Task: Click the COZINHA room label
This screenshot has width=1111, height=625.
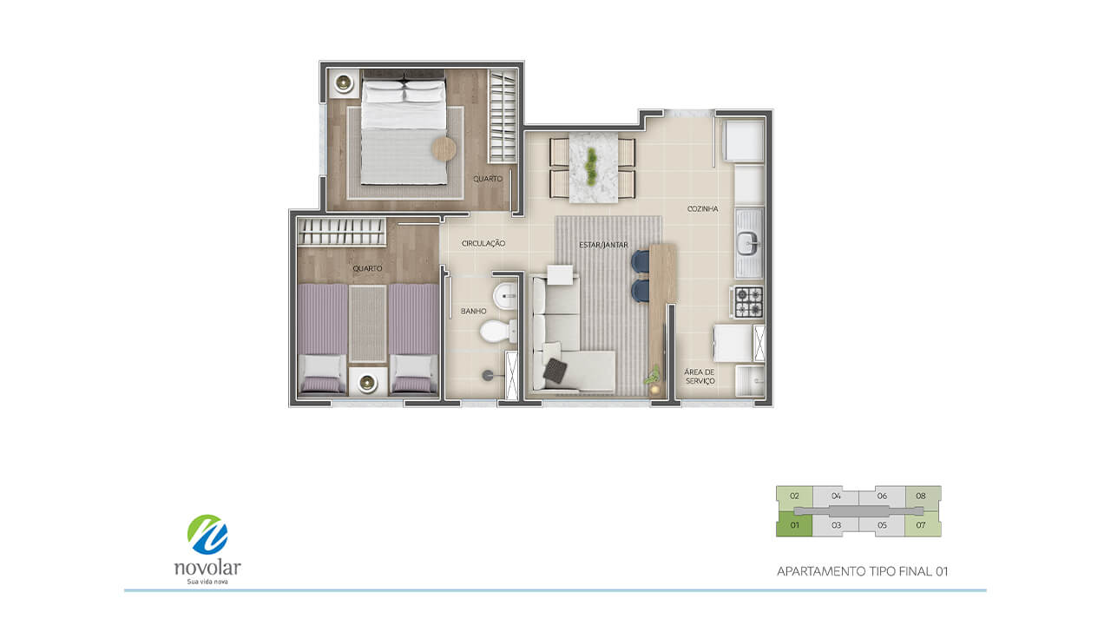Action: [702, 209]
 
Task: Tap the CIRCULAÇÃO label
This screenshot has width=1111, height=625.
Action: [483, 244]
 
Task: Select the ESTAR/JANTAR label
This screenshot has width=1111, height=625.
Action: [603, 245]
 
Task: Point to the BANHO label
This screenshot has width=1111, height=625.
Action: [473, 311]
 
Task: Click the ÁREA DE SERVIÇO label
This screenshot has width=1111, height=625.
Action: [700, 377]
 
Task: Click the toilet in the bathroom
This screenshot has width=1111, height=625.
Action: [498, 332]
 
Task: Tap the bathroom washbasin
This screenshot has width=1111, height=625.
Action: [505, 296]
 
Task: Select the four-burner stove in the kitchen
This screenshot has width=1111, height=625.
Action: [748, 301]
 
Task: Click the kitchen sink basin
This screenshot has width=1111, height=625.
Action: [747, 244]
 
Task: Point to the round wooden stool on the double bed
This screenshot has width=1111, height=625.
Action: [444, 148]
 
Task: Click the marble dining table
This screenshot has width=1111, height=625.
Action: [593, 168]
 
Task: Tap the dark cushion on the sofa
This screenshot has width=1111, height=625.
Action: [555, 371]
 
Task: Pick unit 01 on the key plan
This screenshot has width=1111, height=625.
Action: [794, 525]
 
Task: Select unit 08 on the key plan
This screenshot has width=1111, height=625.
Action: [922, 496]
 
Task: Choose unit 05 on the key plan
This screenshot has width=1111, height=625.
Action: [882, 525]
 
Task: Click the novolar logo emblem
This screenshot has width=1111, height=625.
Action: [207, 534]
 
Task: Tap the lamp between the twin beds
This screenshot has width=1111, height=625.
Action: [367, 383]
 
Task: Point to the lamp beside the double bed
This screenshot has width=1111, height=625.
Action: [343, 82]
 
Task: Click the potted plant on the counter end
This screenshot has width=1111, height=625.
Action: [654, 377]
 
